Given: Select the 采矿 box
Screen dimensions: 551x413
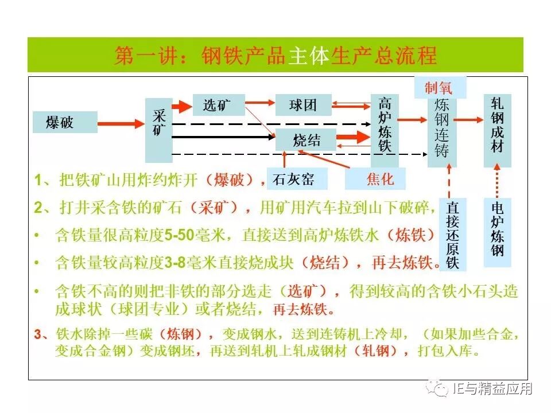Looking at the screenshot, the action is pyautogui.click(x=159, y=130).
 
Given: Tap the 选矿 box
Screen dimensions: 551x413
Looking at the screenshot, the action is pyautogui.click(x=218, y=105).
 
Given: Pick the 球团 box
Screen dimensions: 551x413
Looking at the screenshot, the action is pyautogui.click(x=303, y=105).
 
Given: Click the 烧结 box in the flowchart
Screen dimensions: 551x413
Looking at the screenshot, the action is pyautogui.click(x=306, y=140).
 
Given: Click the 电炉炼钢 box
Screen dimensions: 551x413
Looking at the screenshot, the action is pyautogui.click(x=497, y=232).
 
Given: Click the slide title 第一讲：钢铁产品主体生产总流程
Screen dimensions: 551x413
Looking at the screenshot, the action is pyautogui.click(x=275, y=56).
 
